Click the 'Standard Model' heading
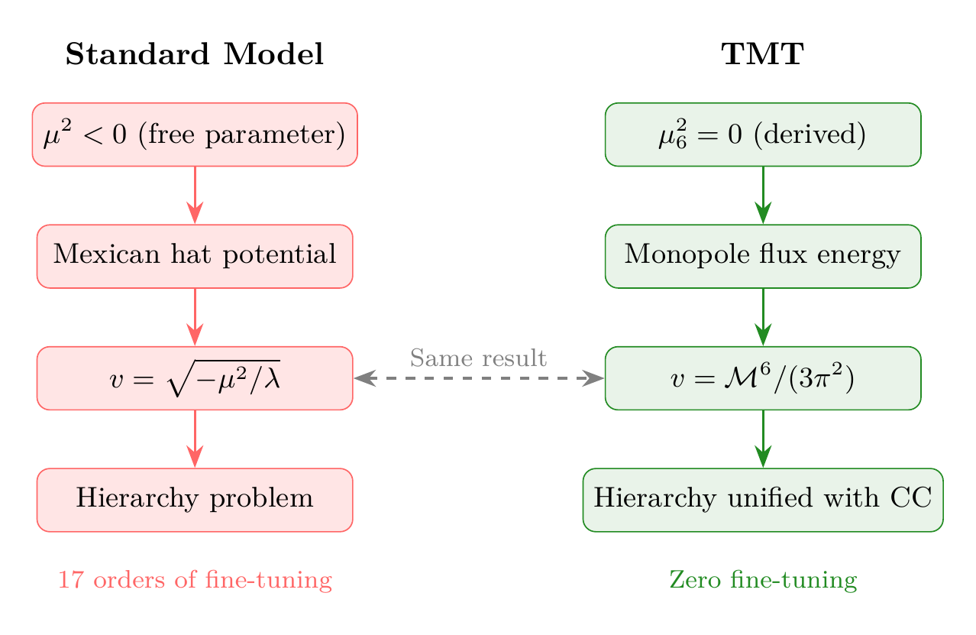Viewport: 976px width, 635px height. pos(195,55)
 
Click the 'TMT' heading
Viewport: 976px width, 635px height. pos(762,55)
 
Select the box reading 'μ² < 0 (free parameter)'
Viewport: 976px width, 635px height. pos(195,134)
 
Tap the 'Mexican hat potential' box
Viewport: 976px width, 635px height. pos(195,256)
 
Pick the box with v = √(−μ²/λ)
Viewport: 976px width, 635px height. pos(195,378)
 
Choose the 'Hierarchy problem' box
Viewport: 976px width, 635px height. pos(195,500)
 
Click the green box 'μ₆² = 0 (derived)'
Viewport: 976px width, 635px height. pos(762,134)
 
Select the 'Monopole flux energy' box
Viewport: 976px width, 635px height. pos(762,256)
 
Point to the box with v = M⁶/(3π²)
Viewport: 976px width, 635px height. pos(762,378)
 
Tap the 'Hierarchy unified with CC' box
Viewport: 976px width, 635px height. pos(762,500)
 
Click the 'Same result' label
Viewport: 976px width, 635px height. pos(478,358)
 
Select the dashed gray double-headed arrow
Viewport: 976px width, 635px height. pos(479,378)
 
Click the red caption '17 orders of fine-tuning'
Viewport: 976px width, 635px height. pos(195,581)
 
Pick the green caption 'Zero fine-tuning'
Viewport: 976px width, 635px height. pos(762,581)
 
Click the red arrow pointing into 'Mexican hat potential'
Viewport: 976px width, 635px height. pos(195,195)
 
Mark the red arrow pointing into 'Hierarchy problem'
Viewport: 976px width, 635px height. pos(195,439)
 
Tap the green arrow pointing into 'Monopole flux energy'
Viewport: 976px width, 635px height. pos(762,195)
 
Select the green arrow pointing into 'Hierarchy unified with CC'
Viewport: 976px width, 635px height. pos(762,439)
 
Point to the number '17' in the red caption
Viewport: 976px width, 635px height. pos(70,581)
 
